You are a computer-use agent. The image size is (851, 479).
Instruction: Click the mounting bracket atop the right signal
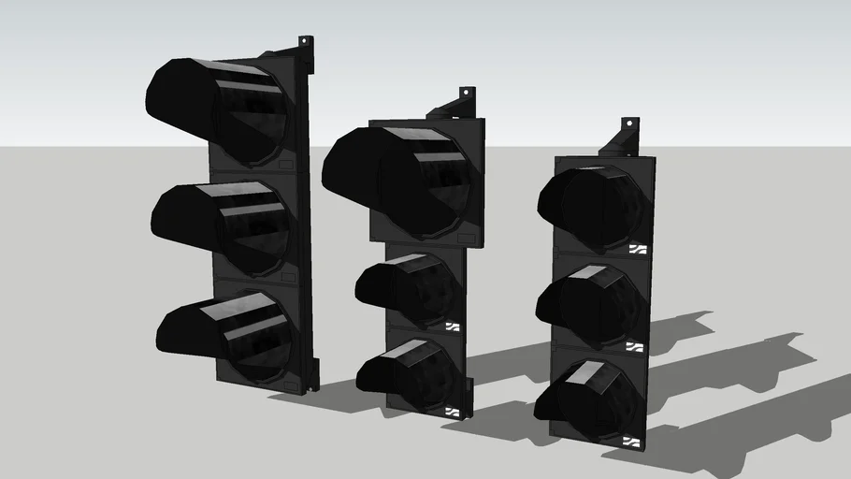tap(621, 138)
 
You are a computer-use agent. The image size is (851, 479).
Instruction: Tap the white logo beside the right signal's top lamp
tap(638, 249)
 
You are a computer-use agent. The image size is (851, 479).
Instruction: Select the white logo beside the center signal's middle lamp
tap(454, 327)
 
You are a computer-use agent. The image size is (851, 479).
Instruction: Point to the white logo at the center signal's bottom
tap(454, 410)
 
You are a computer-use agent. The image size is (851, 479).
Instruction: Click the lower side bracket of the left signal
tap(311, 375)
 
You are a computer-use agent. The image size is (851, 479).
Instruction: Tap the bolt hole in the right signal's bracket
tap(629, 123)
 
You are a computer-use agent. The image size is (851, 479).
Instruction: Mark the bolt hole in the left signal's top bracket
tap(305, 41)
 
